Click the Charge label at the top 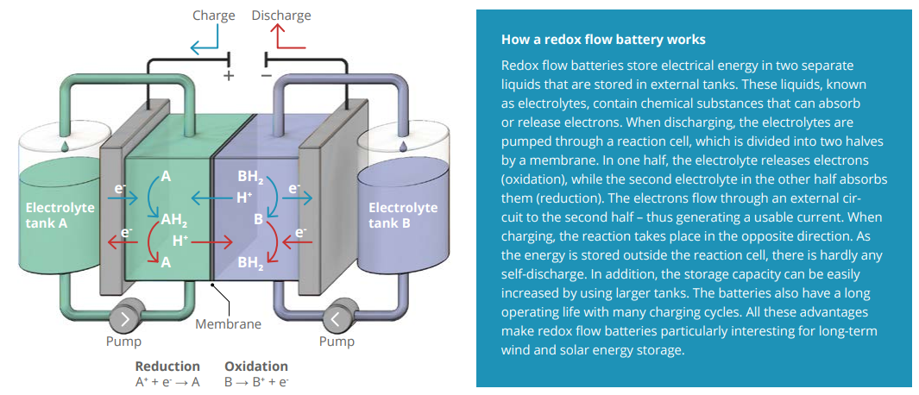click(x=214, y=16)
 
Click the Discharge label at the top click(x=281, y=16)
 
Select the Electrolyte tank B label click(x=403, y=215)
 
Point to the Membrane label click(x=228, y=325)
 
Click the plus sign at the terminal click(x=229, y=76)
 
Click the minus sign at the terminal click(x=268, y=76)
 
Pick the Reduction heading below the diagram click(x=167, y=366)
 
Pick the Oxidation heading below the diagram click(x=256, y=366)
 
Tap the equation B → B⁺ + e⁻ click(x=256, y=381)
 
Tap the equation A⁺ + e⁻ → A click(x=167, y=381)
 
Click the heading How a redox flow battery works click(x=603, y=40)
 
